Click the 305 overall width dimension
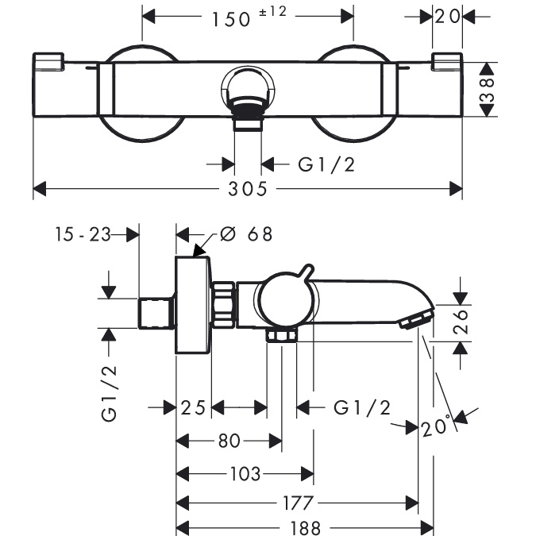[249, 189]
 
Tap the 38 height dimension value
[488, 90]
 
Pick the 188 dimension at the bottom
[304, 527]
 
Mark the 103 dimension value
[245, 474]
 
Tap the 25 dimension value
[192, 407]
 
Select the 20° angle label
[436, 427]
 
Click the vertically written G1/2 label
[110, 391]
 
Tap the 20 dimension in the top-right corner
[446, 16]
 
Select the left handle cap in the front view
[48, 63]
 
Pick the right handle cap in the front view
[447, 63]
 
